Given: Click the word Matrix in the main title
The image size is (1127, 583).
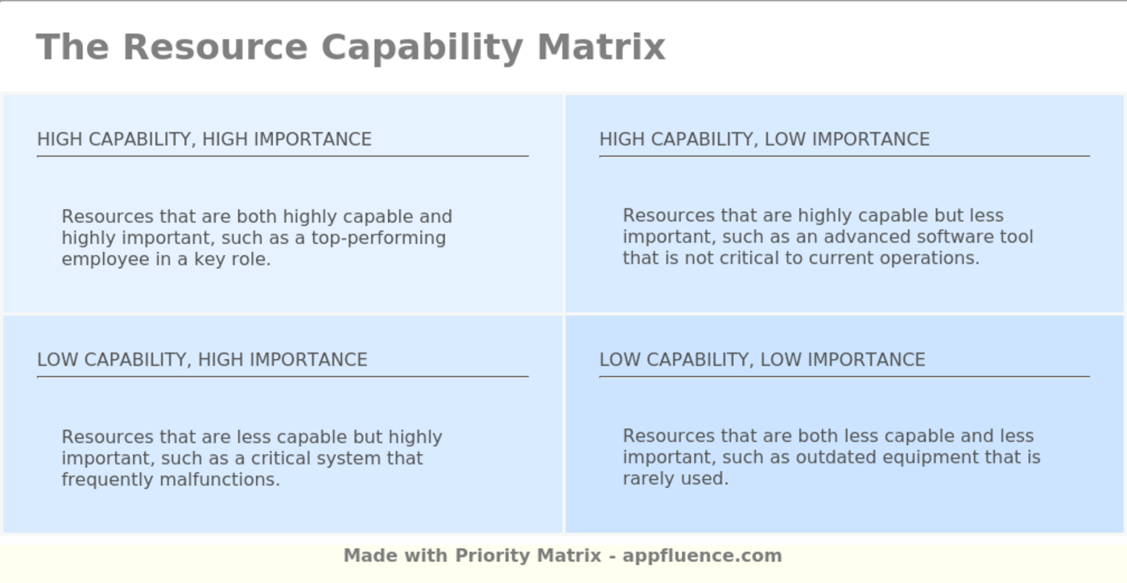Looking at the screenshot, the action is click(601, 47).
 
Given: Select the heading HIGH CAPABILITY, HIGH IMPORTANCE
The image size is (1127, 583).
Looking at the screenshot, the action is click(204, 139).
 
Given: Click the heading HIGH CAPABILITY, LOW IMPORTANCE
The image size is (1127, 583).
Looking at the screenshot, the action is click(764, 139).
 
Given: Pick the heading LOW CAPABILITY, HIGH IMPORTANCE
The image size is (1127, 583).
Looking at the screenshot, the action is click(202, 359).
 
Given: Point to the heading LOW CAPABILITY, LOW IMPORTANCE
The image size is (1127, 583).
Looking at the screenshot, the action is click(762, 359).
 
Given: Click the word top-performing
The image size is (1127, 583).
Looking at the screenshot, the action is click(378, 238).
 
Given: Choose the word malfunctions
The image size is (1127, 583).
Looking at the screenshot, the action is click(219, 479).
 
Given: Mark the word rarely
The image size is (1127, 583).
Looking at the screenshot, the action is click(649, 479).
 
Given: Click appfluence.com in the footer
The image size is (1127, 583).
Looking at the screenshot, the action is click(702, 556).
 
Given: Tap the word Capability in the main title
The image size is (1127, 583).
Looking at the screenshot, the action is click(422, 48).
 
